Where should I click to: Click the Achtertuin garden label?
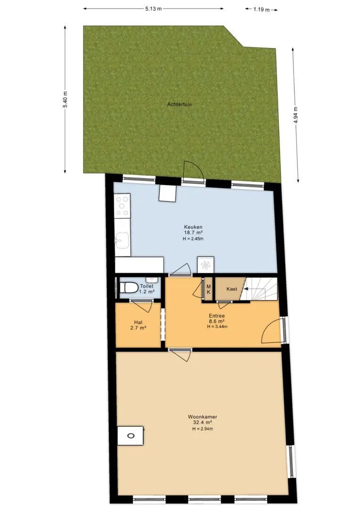[x=180, y=105]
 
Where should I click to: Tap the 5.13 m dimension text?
[x=153, y=9]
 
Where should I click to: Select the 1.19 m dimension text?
[x=262, y=9]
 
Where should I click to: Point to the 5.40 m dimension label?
[x=66, y=99]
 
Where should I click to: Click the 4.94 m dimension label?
[x=296, y=115]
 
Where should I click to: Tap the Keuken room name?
[x=193, y=227]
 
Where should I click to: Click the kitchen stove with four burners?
[x=123, y=205]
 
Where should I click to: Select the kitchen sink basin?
[x=122, y=241]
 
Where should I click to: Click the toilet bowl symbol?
[x=128, y=288]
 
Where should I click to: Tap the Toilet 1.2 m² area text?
[x=147, y=289]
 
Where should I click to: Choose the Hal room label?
[x=138, y=322]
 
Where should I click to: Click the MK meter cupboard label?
[x=209, y=289]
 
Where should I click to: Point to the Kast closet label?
[x=232, y=289]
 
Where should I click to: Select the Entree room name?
[x=217, y=316]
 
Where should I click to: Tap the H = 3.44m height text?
[x=217, y=326]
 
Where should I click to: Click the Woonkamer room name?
[x=202, y=417]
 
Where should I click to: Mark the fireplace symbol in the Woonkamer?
[x=131, y=436]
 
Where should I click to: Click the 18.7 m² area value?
[x=193, y=233]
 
